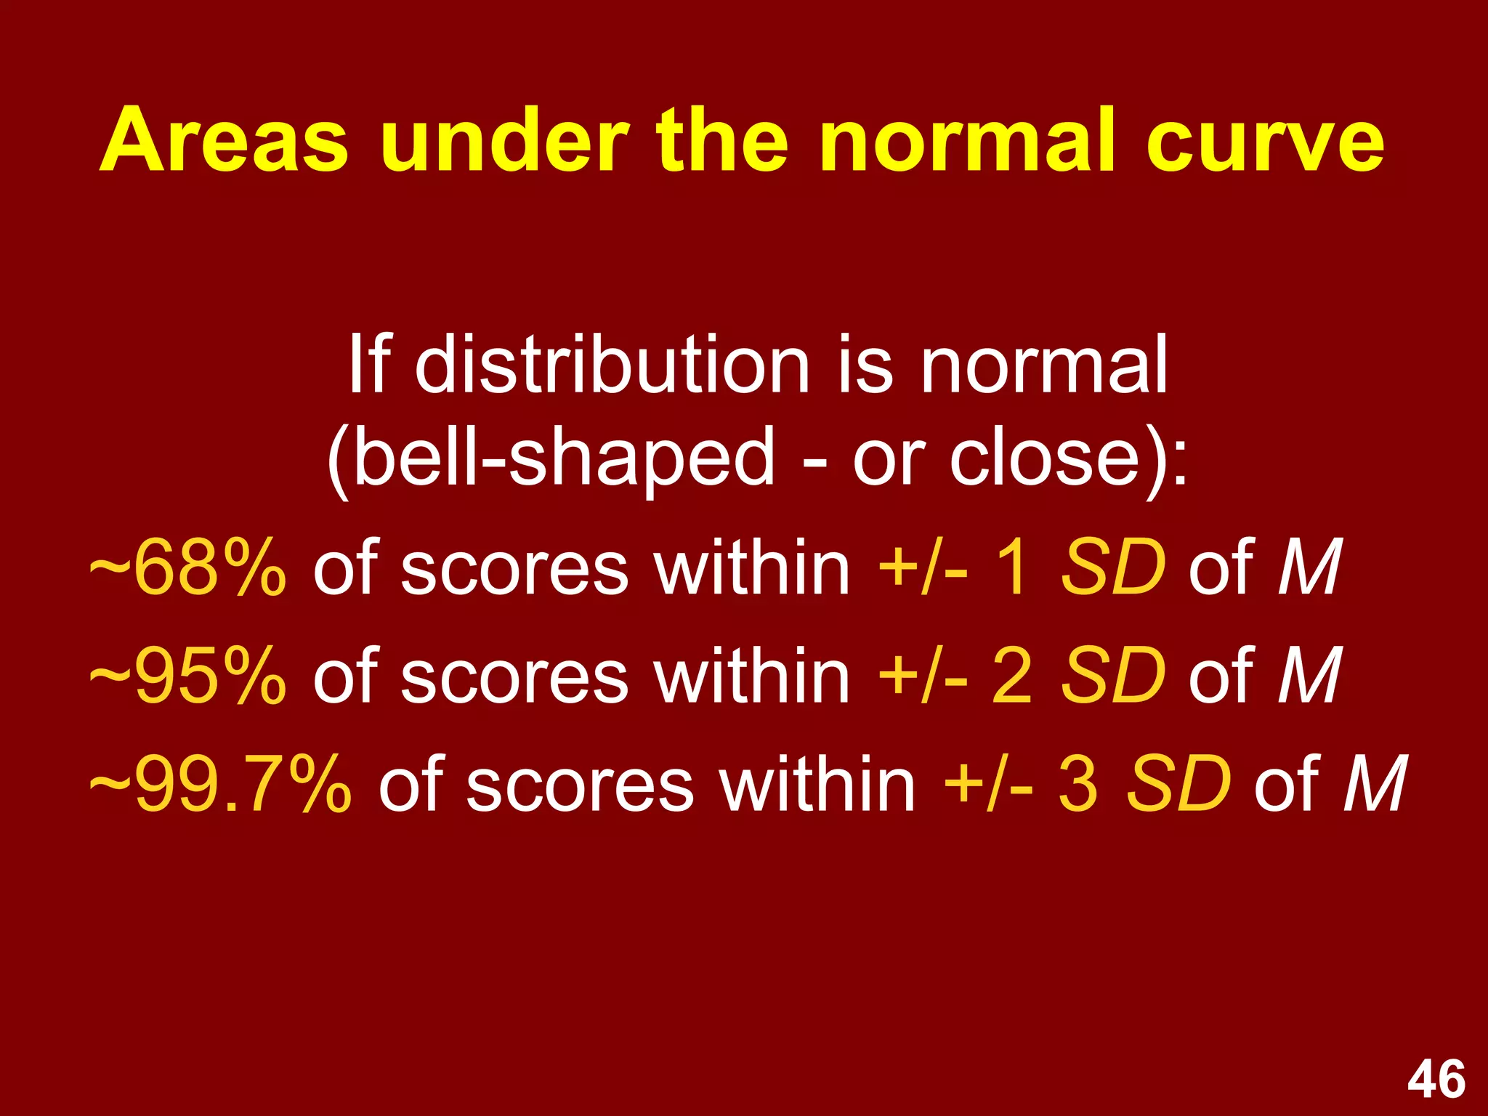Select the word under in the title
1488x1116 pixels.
[504, 140]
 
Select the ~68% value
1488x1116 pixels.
[187, 567]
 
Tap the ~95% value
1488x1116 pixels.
[187, 676]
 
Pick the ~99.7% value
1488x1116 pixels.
[220, 785]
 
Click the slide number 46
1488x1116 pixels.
[1436, 1080]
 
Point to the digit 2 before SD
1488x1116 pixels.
[1012, 676]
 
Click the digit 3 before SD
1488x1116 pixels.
[1077, 785]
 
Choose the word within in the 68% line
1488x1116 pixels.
[751, 567]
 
